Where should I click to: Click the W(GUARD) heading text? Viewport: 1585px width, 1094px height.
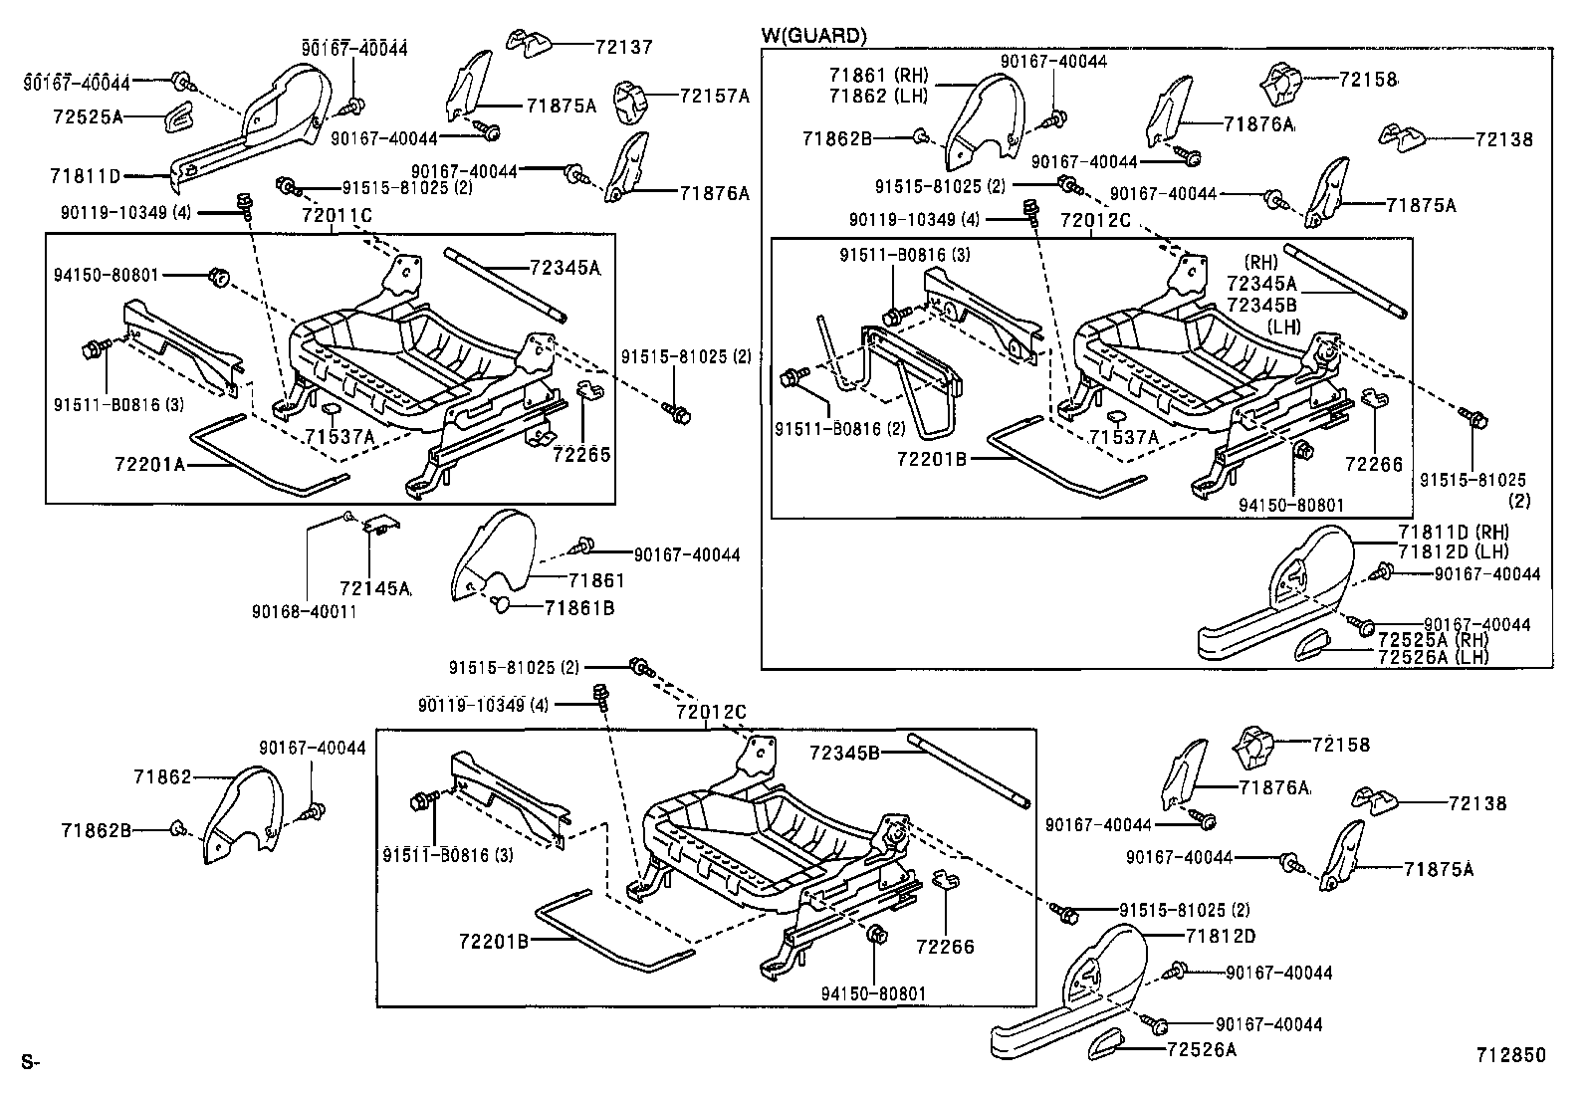(813, 36)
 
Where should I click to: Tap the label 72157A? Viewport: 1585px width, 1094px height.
(714, 97)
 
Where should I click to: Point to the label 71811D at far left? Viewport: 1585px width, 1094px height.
(85, 176)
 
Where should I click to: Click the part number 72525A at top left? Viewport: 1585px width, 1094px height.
(88, 116)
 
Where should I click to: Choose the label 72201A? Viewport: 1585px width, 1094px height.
(149, 464)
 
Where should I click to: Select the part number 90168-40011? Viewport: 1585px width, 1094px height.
(306, 611)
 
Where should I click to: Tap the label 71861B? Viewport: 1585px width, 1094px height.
(578, 606)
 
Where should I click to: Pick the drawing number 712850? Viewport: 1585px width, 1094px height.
(1511, 1055)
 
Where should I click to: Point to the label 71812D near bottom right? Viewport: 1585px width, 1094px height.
(1220, 937)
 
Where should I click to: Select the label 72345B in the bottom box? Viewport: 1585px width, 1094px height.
(843, 753)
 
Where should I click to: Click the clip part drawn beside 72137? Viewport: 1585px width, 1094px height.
(529, 43)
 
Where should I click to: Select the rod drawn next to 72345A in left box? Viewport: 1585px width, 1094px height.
(506, 284)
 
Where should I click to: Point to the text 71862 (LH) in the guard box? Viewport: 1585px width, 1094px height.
(876, 96)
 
